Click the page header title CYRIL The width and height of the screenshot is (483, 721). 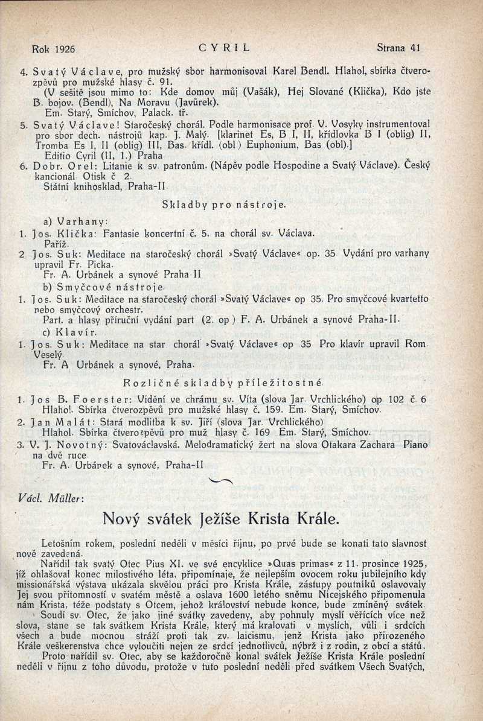[x=224, y=46]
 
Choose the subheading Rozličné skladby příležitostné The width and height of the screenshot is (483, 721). [x=223, y=382]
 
